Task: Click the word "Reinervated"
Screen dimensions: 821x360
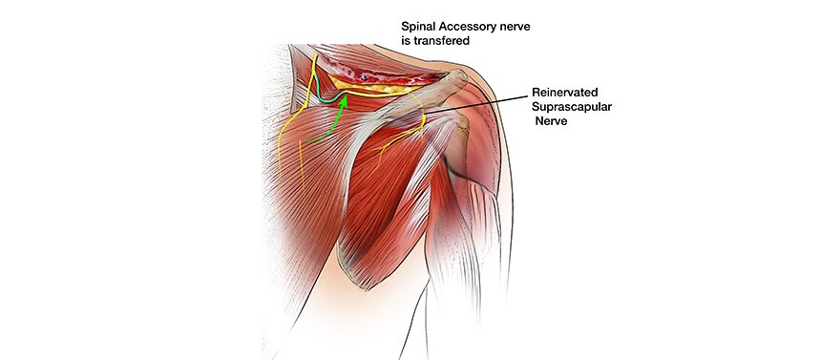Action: point(565,94)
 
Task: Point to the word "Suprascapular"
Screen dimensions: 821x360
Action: point(574,109)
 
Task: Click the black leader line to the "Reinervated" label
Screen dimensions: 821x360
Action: point(477,104)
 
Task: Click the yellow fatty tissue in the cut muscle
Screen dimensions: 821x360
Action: point(377,89)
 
